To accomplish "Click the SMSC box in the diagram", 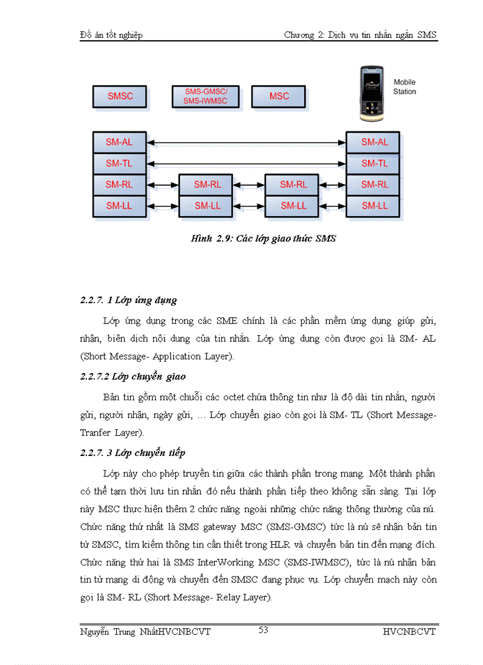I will coord(120,96).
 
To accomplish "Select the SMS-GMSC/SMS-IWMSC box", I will coord(206,96).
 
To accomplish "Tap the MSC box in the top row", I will coord(279,96).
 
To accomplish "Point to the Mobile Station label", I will coord(404,87).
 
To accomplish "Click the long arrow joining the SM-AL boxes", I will coord(246,142).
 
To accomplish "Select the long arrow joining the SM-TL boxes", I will coord(246,163).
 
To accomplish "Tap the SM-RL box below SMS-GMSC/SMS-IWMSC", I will coord(207,185).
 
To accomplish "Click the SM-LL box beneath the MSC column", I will coord(294,206).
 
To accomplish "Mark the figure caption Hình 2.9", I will coord(263,239).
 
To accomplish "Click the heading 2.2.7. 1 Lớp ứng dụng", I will coord(128,300).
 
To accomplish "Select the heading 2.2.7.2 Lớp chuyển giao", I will coord(133,377).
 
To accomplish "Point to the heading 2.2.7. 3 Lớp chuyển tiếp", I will coord(133,453).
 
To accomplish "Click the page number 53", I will coord(263,630).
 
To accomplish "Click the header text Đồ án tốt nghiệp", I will coord(111,35).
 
